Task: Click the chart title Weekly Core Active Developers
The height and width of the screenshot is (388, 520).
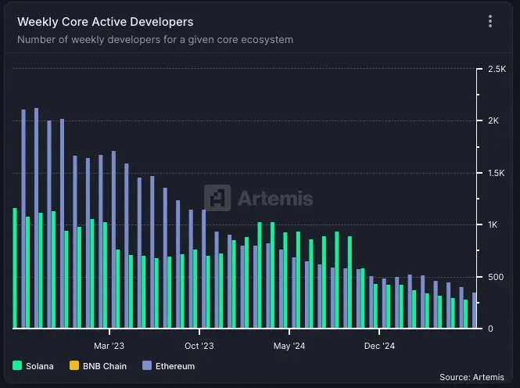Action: coord(105,22)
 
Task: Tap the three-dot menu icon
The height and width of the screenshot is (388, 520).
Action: coord(490,22)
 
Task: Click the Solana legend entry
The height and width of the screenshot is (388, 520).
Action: coord(34,366)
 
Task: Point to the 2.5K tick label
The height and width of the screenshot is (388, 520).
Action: coord(497,70)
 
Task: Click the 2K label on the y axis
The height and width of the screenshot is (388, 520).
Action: coord(493,121)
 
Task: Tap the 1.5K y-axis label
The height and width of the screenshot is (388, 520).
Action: coord(497,173)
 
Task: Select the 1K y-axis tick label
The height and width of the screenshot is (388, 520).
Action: coord(493,225)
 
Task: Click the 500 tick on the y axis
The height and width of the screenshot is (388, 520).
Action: coord(496,277)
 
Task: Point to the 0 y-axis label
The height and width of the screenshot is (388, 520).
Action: coord(490,329)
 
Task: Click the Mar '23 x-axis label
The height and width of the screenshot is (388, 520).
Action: coord(109,345)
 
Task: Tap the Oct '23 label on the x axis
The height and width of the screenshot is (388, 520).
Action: coord(199,345)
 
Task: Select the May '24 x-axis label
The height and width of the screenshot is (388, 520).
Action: coord(289,345)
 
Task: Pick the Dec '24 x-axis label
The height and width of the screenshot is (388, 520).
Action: coord(379,345)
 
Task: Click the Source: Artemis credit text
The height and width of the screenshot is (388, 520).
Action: coord(472,377)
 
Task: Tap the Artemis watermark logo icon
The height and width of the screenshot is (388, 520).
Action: coord(217,198)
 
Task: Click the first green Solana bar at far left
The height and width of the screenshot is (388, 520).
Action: coord(15,268)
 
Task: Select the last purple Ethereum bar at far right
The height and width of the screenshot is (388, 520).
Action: coord(474,311)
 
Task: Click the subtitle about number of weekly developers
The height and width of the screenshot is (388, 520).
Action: coord(155,39)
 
